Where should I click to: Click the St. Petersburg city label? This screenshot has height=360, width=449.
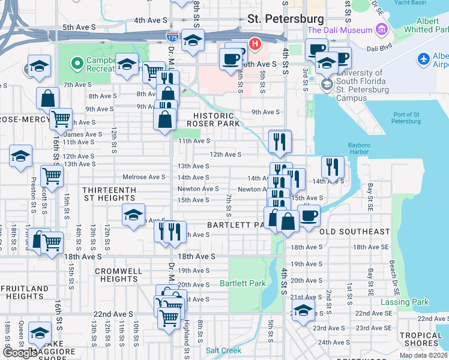click(286, 19)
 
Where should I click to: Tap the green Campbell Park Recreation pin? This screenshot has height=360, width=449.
click(76, 63)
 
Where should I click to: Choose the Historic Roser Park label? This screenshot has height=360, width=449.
click(213, 119)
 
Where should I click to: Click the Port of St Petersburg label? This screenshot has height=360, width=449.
click(405, 118)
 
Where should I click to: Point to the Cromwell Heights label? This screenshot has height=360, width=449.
click(118, 275)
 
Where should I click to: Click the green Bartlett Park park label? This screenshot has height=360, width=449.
click(243, 283)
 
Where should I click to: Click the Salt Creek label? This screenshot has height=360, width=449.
click(223, 350)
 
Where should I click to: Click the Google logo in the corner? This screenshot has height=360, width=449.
click(20, 353)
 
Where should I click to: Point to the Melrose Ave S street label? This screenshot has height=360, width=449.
click(143, 177)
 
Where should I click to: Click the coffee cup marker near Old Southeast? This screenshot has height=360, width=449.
click(309, 215)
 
